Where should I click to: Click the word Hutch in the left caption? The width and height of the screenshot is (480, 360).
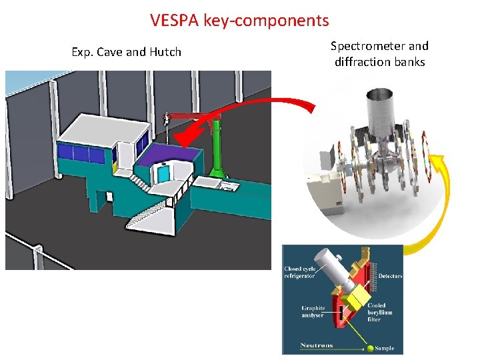166,52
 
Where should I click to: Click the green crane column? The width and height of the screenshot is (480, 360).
217,150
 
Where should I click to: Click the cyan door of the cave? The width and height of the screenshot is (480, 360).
162,175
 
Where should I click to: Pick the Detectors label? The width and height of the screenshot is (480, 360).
391,276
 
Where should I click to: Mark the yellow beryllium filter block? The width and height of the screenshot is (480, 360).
361,293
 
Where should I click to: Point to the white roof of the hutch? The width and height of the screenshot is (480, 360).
100,129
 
